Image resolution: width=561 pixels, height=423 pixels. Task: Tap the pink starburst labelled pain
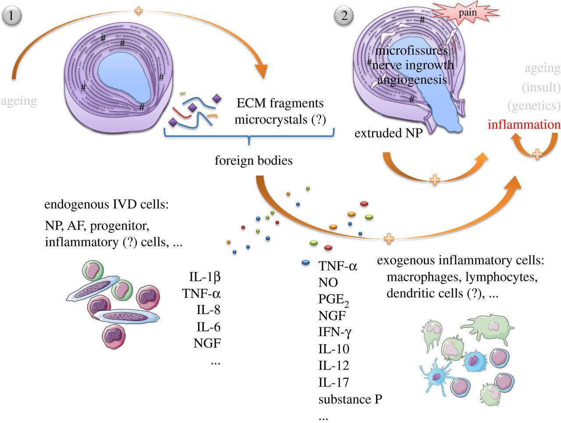click(x=467, y=13)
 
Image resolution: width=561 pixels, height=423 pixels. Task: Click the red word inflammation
click(x=524, y=124)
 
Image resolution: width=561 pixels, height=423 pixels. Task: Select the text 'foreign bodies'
click(x=253, y=160)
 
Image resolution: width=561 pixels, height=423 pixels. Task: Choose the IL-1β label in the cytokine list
click(x=205, y=277)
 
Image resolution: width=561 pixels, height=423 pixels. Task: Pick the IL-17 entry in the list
click(x=334, y=383)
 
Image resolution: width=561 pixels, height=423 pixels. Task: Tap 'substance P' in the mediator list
click(x=350, y=400)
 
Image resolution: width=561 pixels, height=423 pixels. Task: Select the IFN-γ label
click(x=335, y=332)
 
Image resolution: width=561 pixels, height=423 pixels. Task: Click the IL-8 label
click(x=208, y=310)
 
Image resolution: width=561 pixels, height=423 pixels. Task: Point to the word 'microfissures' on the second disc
click(x=411, y=50)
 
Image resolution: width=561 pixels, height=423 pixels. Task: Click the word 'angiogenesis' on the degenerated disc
click(x=412, y=80)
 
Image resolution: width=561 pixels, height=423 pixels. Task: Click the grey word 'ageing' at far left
click(x=18, y=101)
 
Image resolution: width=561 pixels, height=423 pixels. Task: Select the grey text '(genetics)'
click(x=534, y=106)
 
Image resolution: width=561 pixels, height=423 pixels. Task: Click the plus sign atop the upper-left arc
click(x=138, y=10)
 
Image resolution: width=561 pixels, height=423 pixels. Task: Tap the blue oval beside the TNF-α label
click(x=306, y=263)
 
